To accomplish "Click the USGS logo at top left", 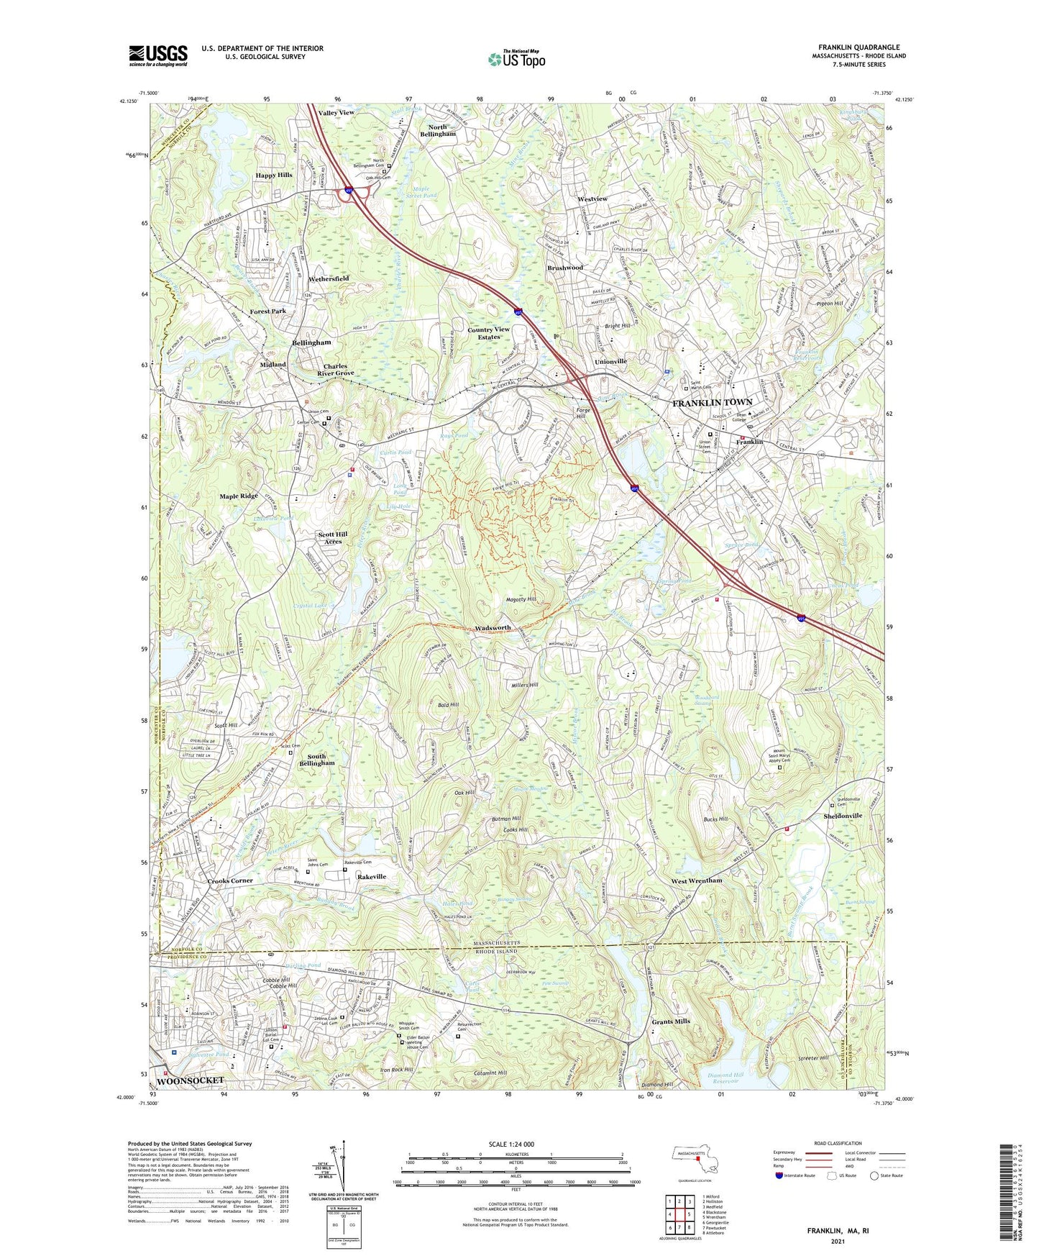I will [x=157, y=55].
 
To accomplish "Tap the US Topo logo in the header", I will [x=516, y=59].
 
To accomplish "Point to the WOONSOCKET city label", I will [x=191, y=1081].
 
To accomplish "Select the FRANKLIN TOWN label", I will [x=712, y=404].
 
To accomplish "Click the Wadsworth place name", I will [x=493, y=628].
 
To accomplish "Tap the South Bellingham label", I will [x=316, y=760].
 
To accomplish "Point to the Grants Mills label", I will [x=670, y=1021].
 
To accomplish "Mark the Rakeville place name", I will [x=372, y=877].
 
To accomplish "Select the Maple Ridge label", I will [x=239, y=496].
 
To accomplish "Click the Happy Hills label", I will [x=274, y=176].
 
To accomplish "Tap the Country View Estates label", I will [x=488, y=333].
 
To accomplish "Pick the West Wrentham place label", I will [x=696, y=880].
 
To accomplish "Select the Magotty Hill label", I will [x=521, y=599].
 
